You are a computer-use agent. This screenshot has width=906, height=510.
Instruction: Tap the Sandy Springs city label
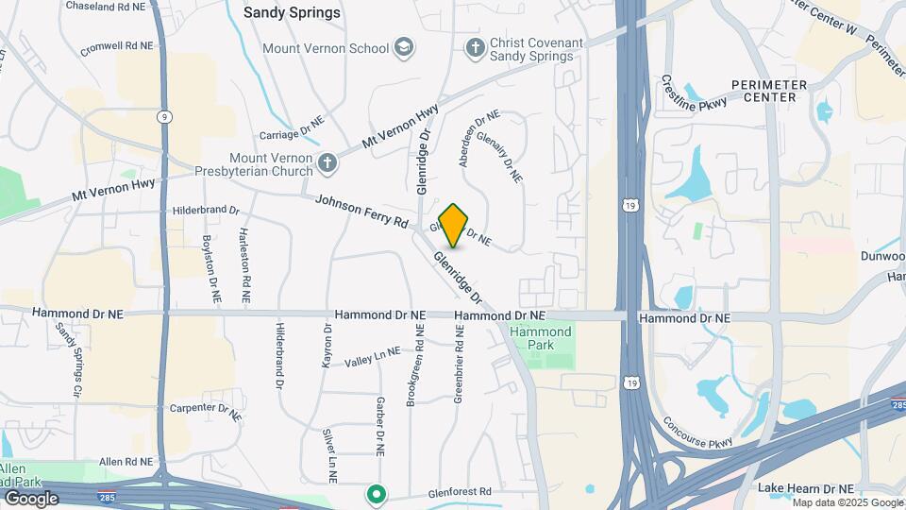292,13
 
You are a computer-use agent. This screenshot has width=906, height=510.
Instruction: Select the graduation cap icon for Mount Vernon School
405,48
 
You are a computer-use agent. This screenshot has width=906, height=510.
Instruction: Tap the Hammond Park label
541,338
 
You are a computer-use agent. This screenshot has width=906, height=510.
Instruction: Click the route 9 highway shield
164,115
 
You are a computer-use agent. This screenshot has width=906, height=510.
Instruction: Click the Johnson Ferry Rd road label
361,212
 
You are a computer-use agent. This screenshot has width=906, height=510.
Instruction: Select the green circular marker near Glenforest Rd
376,494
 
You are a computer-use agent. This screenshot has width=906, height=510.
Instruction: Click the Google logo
31,498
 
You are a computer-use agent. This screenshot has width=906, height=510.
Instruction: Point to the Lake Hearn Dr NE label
806,488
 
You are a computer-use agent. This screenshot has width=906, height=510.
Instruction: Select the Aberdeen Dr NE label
478,139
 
